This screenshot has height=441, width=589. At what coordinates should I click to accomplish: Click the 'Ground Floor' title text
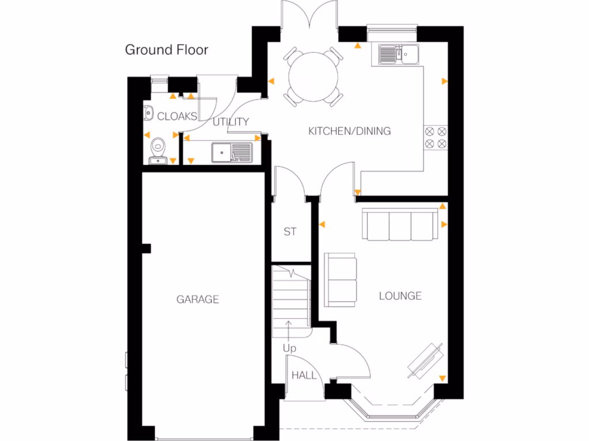click(x=166, y=50)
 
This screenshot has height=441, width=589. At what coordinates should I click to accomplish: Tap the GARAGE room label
click(x=197, y=299)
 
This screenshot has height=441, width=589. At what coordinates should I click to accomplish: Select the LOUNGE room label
click(x=400, y=296)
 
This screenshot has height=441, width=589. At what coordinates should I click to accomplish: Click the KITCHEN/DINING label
click(x=349, y=131)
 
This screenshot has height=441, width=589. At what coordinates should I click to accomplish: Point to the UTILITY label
click(x=231, y=122)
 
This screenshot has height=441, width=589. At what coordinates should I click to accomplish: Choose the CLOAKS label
click(x=177, y=117)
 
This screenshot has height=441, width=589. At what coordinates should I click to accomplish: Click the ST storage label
click(x=290, y=232)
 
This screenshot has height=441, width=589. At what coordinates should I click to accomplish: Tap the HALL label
click(x=304, y=376)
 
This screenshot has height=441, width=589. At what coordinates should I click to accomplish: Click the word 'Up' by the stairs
click(x=289, y=348)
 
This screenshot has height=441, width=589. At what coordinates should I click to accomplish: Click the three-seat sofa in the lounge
click(x=397, y=226)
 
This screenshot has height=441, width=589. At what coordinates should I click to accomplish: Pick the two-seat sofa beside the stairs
click(x=341, y=280)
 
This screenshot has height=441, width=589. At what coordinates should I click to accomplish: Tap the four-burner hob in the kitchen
click(x=435, y=138)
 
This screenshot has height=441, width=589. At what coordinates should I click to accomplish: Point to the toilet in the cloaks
click(x=157, y=151)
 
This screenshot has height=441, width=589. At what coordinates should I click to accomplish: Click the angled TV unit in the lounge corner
click(x=426, y=360)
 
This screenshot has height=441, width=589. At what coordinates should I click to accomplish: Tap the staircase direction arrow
click(x=288, y=330)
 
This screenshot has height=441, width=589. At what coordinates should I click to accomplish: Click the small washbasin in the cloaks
click(x=147, y=113)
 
